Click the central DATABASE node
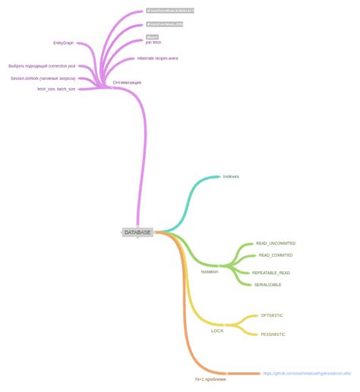tap(137, 232)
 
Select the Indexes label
tap(231, 176)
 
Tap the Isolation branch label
tap(210, 271)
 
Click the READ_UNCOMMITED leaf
tap(276, 243)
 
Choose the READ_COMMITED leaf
tap(276, 255)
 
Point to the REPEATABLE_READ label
tap(271, 272)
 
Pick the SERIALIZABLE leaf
tap(268, 284)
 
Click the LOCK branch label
tap(217, 330)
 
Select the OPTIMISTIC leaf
tap(272, 315)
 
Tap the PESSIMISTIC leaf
tap(273, 334)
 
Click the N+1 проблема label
tap(210, 379)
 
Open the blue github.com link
tap(307, 373)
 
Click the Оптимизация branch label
tap(127, 81)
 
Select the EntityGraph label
tap(63, 43)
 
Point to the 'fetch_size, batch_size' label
tap(56, 89)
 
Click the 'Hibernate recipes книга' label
tap(157, 58)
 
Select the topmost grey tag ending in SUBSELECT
tap(170, 11)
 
